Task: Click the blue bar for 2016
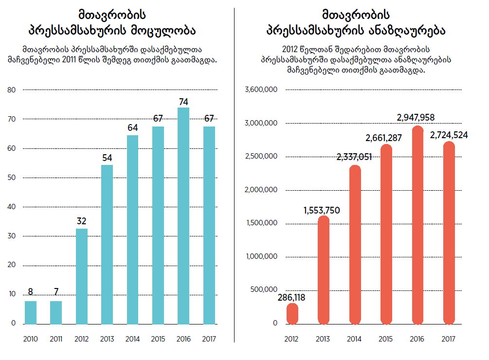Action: pyautogui.click(x=183, y=216)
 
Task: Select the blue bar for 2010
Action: pyautogui.click(x=31, y=312)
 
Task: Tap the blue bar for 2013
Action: pyautogui.click(x=107, y=244)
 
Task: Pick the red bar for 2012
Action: pyautogui.click(x=292, y=314)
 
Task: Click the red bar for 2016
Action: pyautogui.click(x=417, y=225)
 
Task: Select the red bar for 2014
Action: pyautogui.click(x=355, y=244)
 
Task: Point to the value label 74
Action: pyautogui.click(x=183, y=102)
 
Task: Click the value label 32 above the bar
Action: pyautogui.click(x=82, y=221)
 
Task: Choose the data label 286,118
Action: pyautogui.click(x=292, y=298)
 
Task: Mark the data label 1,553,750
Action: pyautogui.click(x=322, y=211)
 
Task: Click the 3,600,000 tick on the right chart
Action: pyautogui.click(x=261, y=90)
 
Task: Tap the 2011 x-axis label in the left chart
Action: pyautogui.click(x=56, y=339)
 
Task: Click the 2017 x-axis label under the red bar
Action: pyautogui.click(x=449, y=339)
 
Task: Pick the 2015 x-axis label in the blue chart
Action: pyautogui.click(x=158, y=339)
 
